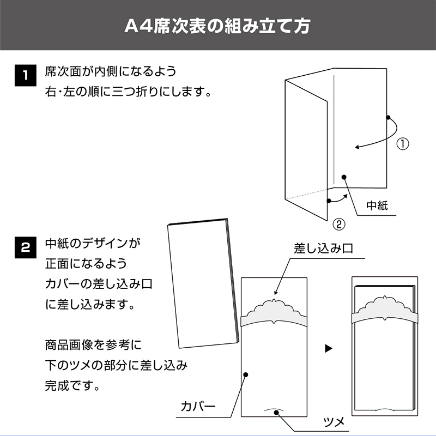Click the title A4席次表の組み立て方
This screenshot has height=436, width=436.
click(x=218, y=26)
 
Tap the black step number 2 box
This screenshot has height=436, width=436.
click(x=23, y=246)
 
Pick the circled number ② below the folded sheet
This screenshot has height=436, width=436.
click(x=338, y=223)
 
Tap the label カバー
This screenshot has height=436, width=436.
click(x=198, y=406)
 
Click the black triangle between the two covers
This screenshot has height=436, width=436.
click(x=328, y=348)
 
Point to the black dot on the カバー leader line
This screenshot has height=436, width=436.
click(x=246, y=374)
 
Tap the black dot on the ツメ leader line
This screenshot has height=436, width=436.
click(x=276, y=413)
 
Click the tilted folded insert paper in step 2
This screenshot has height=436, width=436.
click(x=202, y=283)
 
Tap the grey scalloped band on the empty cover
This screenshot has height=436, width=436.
click(x=275, y=314)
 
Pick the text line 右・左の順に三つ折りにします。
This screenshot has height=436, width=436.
click(x=129, y=92)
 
